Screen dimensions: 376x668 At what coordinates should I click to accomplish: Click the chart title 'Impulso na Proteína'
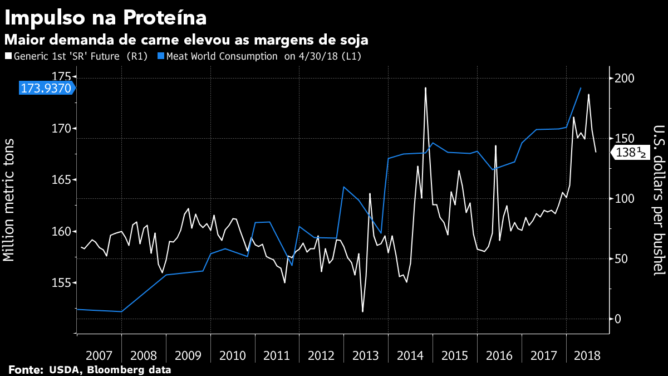(x=106, y=17)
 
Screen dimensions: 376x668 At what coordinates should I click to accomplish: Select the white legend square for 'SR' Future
(x=8, y=56)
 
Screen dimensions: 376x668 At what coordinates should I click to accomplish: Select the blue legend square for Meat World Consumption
(x=161, y=56)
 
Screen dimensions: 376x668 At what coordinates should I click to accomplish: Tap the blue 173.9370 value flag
(x=46, y=87)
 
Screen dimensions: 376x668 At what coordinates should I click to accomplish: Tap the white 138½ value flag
(x=631, y=153)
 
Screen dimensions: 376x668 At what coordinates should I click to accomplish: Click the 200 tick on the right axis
(x=623, y=78)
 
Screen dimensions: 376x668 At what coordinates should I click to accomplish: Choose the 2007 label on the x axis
(x=99, y=355)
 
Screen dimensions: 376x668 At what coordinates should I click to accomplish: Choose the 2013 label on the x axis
(x=366, y=355)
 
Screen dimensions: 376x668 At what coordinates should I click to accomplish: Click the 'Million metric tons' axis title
(x=9, y=199)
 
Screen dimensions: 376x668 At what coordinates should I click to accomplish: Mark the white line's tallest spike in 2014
(x=425, y=87)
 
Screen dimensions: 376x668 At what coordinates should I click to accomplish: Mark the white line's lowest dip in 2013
(x=362, y=311)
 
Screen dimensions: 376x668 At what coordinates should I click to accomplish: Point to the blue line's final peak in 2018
(x=581, y=88)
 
